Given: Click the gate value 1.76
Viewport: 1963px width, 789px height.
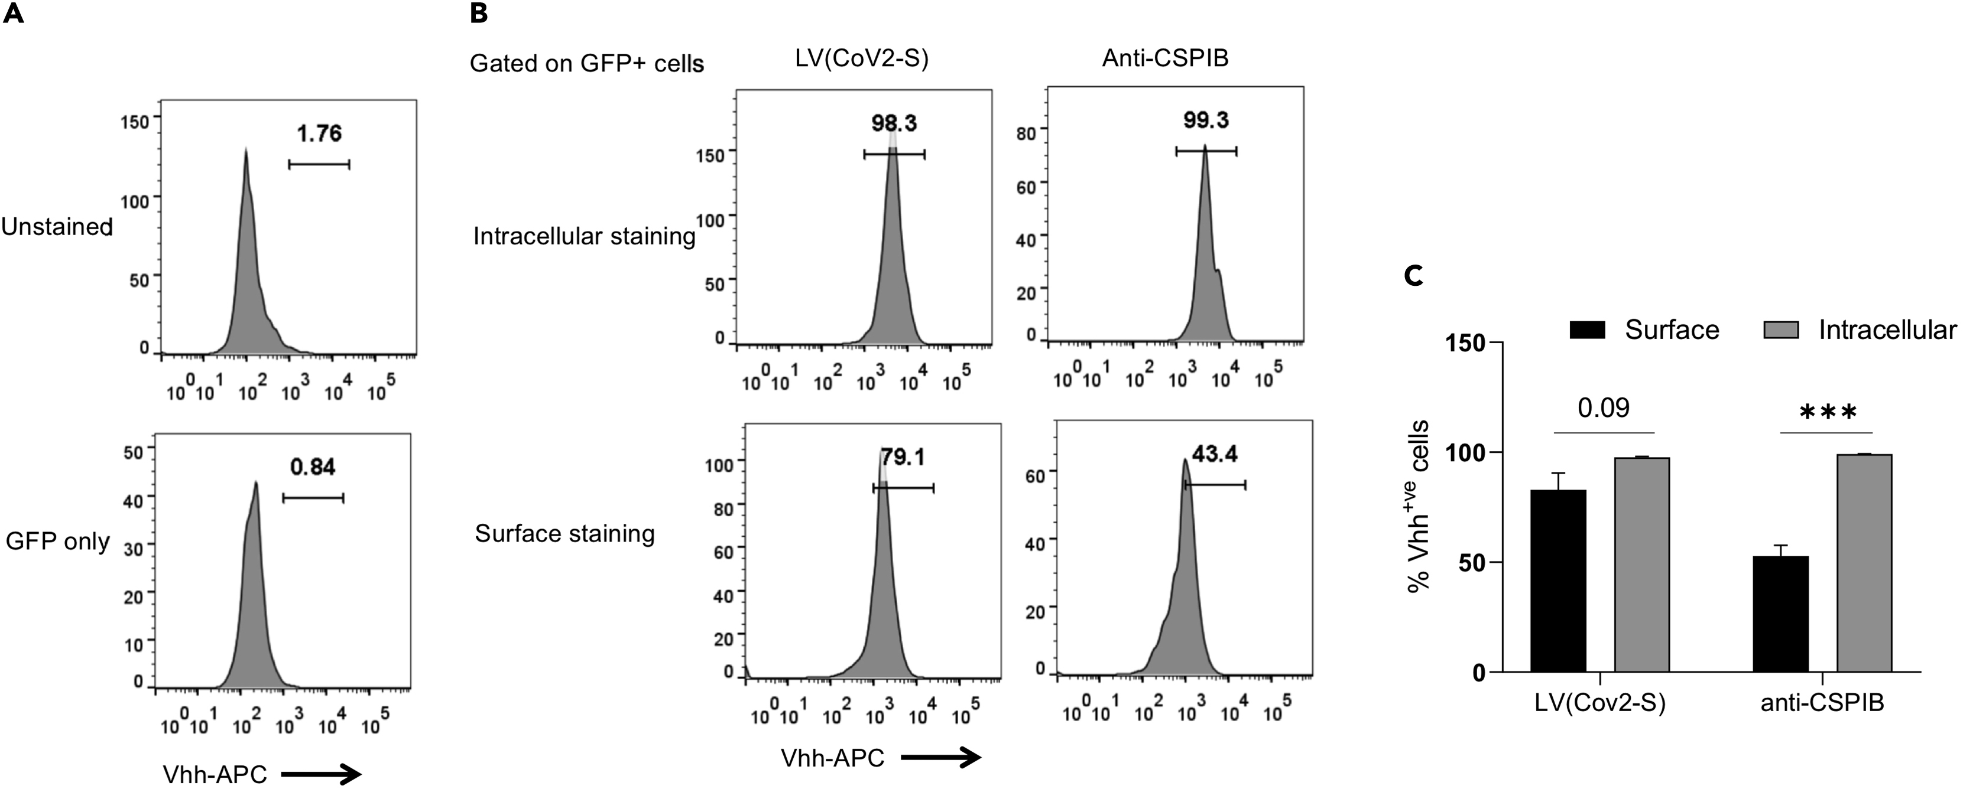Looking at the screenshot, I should (319, 133).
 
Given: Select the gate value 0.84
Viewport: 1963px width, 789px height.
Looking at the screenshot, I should (313, 467).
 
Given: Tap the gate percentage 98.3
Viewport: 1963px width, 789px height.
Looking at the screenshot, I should (894, 123).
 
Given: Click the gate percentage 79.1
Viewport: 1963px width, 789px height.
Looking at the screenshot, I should (903, 457).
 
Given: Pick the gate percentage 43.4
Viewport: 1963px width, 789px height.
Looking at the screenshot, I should (1215, 454).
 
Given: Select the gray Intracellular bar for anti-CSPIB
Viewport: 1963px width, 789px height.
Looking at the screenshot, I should (1864, 563).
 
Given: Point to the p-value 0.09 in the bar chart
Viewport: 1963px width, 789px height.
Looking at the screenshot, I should (1603, 408).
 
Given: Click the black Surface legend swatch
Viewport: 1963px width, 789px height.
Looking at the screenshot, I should (1587, 330).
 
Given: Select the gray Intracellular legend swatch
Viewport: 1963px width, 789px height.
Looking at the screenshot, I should (1781, 330).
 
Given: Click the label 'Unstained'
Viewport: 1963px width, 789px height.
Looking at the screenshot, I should (57, 227).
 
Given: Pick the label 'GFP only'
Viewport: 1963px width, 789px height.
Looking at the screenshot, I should (58, 542).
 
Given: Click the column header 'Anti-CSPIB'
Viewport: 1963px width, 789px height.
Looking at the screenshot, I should (1165, 58).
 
